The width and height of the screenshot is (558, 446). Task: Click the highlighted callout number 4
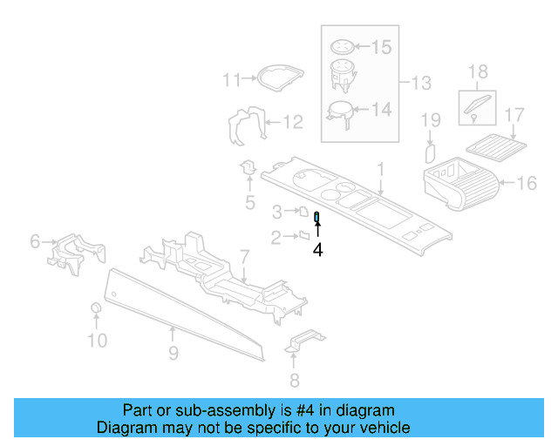tap(318, 250)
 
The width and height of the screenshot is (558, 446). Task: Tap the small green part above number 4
tap(317, 217)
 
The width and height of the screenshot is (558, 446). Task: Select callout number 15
tap(382, 47)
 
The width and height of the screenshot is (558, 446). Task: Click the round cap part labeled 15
tap(342, 47)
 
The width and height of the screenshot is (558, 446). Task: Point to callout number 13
tap(421, 84)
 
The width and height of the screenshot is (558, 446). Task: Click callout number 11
tap(230, 80)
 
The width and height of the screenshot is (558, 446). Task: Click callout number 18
tap(478, 71)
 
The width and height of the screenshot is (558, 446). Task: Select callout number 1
tap(380, 166)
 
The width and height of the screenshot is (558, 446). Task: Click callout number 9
tap(173, 353)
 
